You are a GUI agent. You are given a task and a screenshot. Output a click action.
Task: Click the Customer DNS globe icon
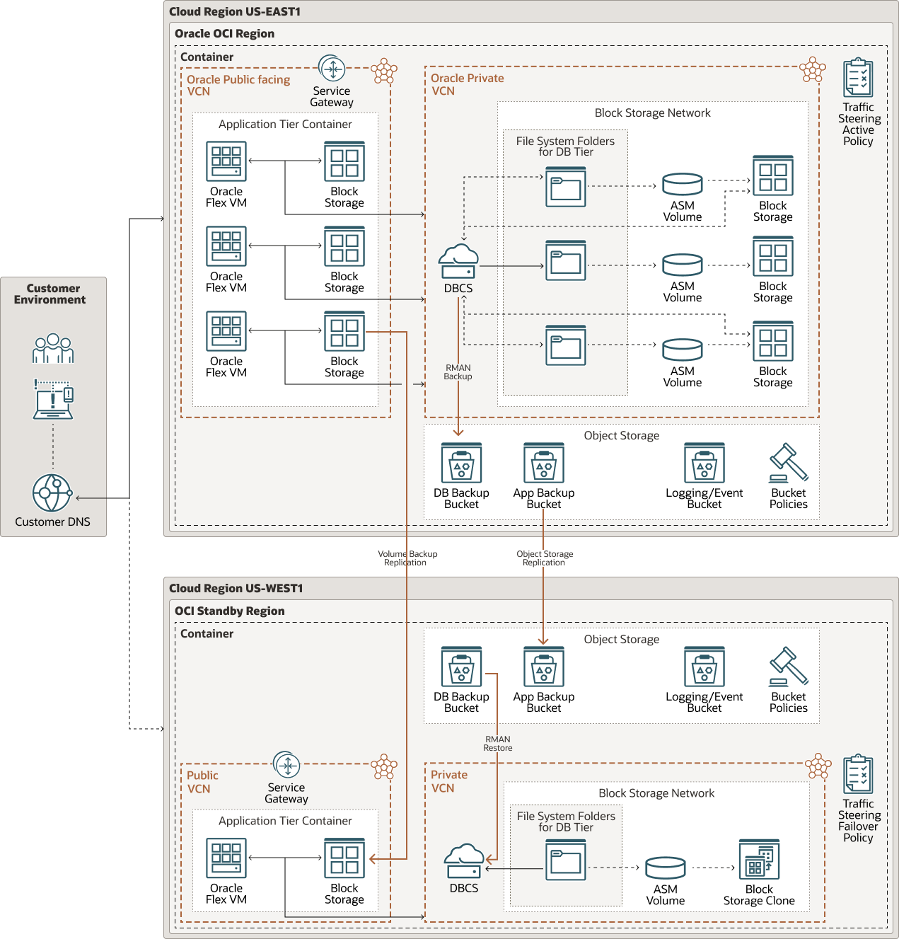52,492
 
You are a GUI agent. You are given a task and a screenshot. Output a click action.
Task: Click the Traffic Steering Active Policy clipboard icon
858,78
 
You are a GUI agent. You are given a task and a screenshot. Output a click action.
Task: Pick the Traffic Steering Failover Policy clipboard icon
858,774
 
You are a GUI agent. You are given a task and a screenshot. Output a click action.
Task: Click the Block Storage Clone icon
759,859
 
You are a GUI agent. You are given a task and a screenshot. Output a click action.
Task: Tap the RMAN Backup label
458,372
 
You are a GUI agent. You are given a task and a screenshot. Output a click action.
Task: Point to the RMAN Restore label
498,744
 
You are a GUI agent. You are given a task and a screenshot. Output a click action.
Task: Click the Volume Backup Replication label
407,558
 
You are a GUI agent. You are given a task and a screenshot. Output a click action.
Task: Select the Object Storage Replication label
544,558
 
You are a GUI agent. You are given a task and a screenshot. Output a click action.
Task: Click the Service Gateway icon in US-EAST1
332,69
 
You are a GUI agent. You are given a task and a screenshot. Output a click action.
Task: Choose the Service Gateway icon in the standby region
286,765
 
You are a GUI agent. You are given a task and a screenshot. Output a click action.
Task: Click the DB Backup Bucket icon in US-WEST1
461,667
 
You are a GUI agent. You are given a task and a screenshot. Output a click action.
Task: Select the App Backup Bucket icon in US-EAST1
543,463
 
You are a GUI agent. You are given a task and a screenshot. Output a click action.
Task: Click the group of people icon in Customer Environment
53,348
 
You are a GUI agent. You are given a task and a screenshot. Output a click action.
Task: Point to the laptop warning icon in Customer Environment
53,400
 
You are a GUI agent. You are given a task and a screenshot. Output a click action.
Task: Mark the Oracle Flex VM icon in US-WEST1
226,858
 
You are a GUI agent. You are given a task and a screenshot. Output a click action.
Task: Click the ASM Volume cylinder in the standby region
665,868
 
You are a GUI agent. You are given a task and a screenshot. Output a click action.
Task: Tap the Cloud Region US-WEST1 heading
236,589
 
